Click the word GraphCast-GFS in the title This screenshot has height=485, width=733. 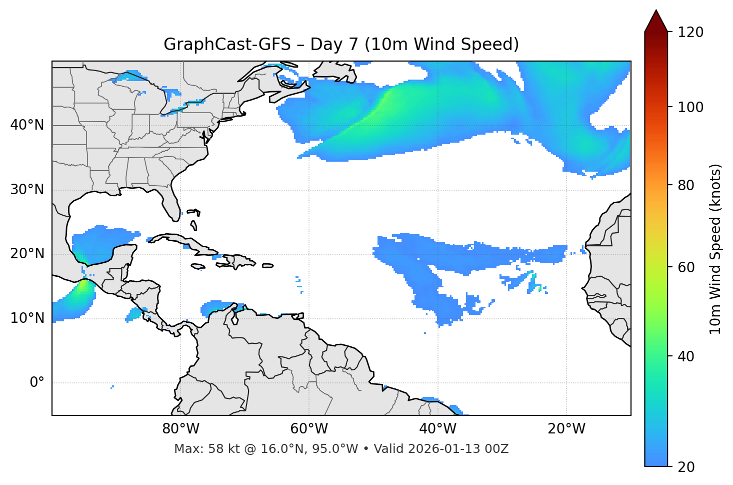click(227, 45)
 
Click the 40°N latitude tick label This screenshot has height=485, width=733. click(27, 125)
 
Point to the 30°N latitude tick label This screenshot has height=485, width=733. click(27, 189)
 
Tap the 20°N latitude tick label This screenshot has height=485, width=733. click(27, 254)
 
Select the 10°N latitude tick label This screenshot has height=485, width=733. click(27, 318)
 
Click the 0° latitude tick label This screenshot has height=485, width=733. click(37, 383)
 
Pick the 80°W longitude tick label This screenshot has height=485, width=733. click(180, 429)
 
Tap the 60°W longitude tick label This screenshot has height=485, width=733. click(309, 429)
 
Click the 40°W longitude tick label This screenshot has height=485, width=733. click(437, 429)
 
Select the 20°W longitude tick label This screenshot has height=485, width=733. click(566, 429)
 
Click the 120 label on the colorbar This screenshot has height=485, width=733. click(690, 32)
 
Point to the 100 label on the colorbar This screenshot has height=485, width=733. click(690, 107)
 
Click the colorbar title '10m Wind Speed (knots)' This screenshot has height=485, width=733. click(715, 249)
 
